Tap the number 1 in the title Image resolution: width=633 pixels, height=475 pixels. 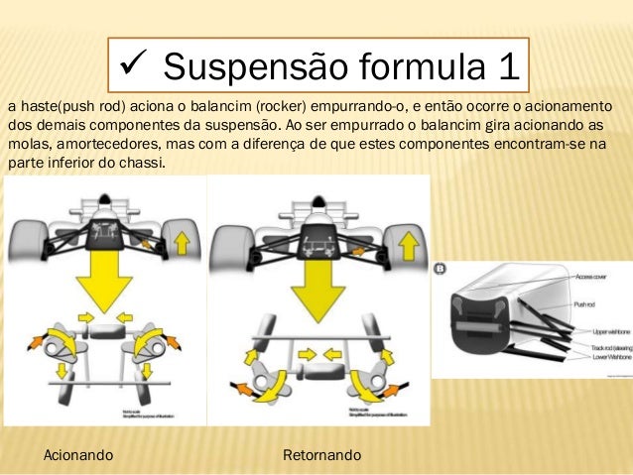503,66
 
